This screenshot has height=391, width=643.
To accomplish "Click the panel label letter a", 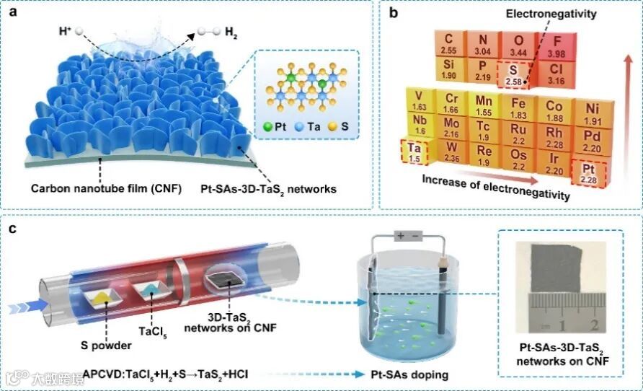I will point(15,14).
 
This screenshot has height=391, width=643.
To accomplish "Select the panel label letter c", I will point(15,230).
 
